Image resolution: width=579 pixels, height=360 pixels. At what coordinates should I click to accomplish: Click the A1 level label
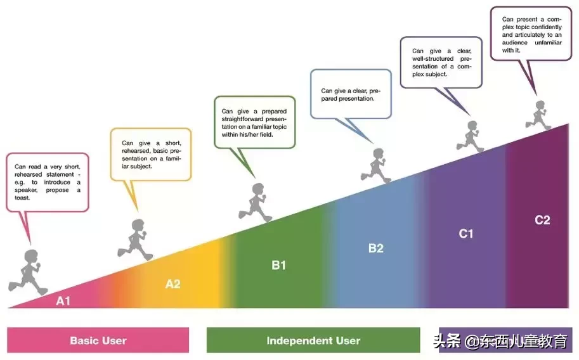point(63,301)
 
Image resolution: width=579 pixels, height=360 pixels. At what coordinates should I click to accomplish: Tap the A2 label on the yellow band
point(173,284)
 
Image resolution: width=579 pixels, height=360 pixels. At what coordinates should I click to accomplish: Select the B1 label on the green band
point(279,265)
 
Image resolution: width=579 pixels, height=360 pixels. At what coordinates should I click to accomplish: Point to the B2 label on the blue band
point(376,248)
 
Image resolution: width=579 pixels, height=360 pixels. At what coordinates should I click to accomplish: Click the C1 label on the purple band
point(466,234)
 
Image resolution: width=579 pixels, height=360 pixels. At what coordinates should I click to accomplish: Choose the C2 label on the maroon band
point(542,220)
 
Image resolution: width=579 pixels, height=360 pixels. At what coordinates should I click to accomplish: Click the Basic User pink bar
point(98,340)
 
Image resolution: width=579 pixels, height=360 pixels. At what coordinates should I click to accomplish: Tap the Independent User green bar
point(313,340)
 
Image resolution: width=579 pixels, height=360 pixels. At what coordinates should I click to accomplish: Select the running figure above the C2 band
point(538,115)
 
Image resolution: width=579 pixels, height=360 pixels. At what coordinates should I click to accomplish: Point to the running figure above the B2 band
point(376,166)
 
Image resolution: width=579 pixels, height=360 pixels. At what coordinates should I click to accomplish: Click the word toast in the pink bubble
point(22,198)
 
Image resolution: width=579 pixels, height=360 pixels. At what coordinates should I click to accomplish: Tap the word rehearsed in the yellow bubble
point(136,151)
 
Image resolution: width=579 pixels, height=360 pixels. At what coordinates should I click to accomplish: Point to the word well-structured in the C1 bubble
point(433,59)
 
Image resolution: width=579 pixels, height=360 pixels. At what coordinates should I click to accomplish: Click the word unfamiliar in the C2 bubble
point(548,43)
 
